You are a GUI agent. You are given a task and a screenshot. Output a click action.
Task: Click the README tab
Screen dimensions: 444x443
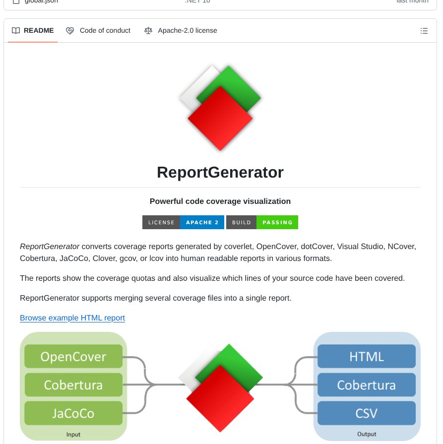click(33, 31)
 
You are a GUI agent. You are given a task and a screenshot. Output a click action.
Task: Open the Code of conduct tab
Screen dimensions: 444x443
click(98, 31)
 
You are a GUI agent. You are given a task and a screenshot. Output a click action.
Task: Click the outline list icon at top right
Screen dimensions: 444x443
click(424, 31)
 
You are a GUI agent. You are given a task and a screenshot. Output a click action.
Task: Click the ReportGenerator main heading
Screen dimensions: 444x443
click(220, 172)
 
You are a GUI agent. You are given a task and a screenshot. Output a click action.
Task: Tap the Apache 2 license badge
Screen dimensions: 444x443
click(202, 222)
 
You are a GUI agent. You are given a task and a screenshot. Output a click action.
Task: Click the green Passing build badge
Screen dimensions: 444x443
click(277, 222)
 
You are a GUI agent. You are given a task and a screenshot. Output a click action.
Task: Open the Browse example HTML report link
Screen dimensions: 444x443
click(72, 318)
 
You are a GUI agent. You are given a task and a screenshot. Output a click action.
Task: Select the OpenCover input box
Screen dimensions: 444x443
click(73, 357)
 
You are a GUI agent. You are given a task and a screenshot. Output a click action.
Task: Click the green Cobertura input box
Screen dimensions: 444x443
click(73, 385)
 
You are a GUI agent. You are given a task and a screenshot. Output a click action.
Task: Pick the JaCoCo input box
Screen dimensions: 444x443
click(73, 413)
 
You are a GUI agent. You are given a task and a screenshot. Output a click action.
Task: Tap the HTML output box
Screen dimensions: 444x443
click(367, 357)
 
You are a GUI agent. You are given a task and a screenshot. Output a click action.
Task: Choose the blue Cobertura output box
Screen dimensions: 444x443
click(367, 385)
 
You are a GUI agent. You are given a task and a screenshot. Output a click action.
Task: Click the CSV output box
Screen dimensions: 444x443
click(367, 413)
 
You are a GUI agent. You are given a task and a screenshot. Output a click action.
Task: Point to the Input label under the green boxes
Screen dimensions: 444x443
click(73, 435)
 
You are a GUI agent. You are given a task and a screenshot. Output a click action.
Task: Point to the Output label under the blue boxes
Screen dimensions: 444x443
click(367, 435)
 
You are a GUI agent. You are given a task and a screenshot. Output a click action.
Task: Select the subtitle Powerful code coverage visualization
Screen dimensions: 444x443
click(220, 201)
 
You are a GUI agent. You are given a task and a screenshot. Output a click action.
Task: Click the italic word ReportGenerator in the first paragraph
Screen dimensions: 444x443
click(50, 247)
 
